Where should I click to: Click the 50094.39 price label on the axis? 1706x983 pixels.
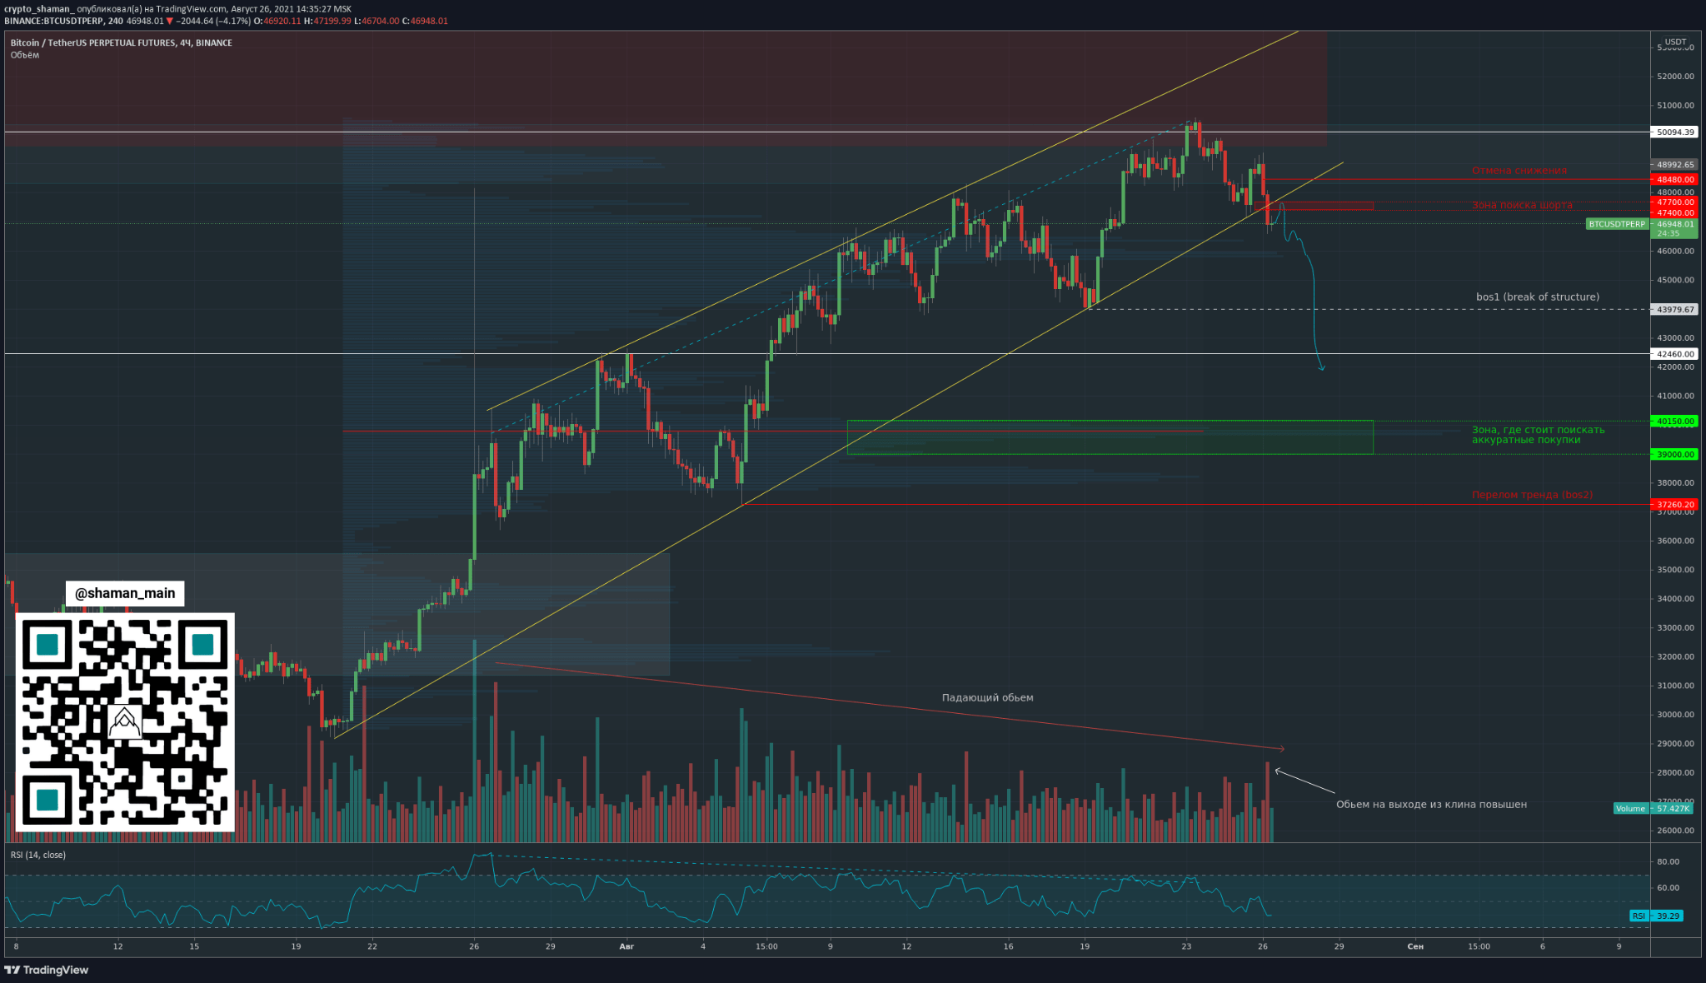click(x=1674, y=132)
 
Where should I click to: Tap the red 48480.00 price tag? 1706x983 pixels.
click(x=1674, y=179)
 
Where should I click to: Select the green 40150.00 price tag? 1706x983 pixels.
click(x=1674, y=422)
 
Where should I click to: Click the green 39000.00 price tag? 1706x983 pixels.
click(x=1674, y=454)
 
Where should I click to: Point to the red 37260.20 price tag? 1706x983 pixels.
click(x=1674, y=504)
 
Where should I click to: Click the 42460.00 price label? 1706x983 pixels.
click(x=1674, y=354)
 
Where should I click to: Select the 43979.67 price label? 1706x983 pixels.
click(x=1674, y=309)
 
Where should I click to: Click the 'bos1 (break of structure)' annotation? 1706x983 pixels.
click(x=1537, y=297)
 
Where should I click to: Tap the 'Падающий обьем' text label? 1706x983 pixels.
click(x=987, y=697)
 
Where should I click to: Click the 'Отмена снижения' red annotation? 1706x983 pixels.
click(x=1519, y=171)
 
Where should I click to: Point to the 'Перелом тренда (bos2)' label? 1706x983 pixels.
click(x=1532, y=495)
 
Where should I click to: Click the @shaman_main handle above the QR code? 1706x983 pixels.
click(x=125, y=593)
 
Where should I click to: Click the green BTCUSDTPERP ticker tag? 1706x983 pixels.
click(x=1617, y=224)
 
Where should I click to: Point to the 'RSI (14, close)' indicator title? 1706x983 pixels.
click(x=38, y=855)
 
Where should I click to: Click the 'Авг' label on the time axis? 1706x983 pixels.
click(x=627, y=946)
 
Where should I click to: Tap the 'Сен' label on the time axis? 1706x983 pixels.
click(x=1414, y=946)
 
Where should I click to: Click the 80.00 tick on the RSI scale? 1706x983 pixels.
click(x=1668, y=861)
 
